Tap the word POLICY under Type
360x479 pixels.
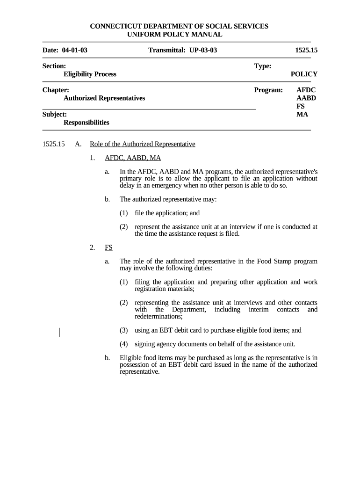click(x=304, y=74)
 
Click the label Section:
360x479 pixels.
click(x=54, y=66)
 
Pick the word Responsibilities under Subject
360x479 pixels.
click(x=86, y=123)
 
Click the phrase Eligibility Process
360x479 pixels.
click(x=90, y=74)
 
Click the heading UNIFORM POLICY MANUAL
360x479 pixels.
click(x=175, y=35)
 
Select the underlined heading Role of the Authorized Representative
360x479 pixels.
click(x=142, y=144)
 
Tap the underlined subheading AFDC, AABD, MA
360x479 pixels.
click(x=133, y=158)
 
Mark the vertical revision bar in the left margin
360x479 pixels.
click(x=59, y=333)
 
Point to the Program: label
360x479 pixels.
click(x=268, y=89)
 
